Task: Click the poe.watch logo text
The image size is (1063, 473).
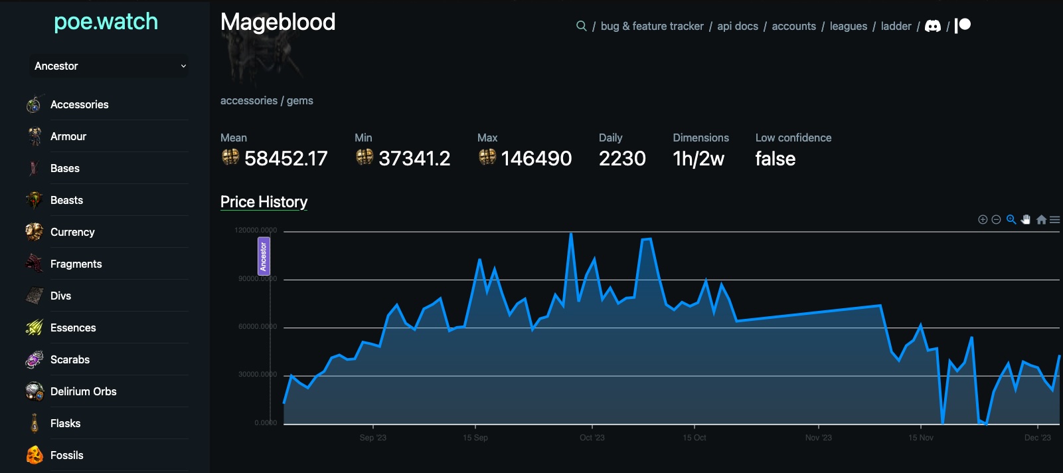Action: coord(106,22)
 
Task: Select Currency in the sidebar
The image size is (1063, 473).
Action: coord(72,232)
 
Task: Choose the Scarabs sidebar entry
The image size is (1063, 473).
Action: coord(70,359)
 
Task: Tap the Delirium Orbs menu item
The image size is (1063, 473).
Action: coord(83,391)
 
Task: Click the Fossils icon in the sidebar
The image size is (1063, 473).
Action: coord(35,455)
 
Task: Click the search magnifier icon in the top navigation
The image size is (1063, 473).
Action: coord(581,26)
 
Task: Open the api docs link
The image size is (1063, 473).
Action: coord(737,26)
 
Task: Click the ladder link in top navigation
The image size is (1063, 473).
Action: coord(896,26)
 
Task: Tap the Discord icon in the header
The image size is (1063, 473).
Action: coord(933,26)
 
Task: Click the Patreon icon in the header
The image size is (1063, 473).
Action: coord(963,25)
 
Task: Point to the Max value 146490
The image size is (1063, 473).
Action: coord(536,159)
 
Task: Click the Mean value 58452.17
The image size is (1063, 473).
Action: coord(286,159)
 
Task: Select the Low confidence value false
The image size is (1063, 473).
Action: coord(775,159)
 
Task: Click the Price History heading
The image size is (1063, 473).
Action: coord(264,202)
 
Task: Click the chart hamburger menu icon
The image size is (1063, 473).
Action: coord(1054,220)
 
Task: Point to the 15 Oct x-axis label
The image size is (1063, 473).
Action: coord(694,437)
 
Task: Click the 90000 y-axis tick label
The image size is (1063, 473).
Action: coord(258,278)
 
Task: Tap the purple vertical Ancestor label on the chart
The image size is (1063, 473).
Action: coord(264,256)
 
